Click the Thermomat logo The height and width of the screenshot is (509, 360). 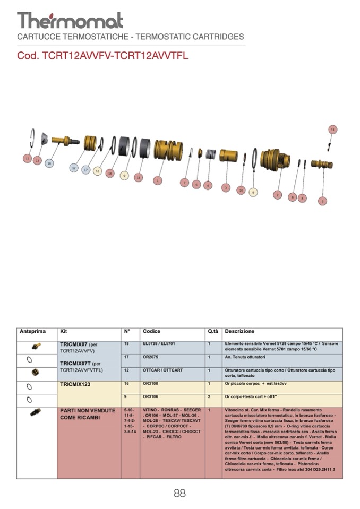(x=70, y=20)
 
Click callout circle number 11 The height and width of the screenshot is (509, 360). (x=333, y=130)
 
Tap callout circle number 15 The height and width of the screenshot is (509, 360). (x=27, y=158)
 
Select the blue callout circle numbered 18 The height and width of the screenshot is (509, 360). (x=49, y=164)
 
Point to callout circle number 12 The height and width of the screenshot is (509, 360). (x=74, y=168)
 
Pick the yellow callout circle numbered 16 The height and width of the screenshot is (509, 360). (x=97, y=171)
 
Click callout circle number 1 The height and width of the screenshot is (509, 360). (x=157, y=180)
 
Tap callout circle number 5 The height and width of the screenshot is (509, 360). (x=322, y=201)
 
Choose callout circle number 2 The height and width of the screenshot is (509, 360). (x=277, y=195)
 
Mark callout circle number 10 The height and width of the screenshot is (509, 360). (x=241, y=189)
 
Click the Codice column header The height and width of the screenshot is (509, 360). (x=151, y=332)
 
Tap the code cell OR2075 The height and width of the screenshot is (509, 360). (x=151, y=357)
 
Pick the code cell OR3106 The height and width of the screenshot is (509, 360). (x=151, y=396)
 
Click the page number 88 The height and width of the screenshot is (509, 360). (x=179, y=494)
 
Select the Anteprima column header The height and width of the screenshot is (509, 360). (x=33, y=332)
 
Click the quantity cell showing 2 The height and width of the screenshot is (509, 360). (x=210, y=396)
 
